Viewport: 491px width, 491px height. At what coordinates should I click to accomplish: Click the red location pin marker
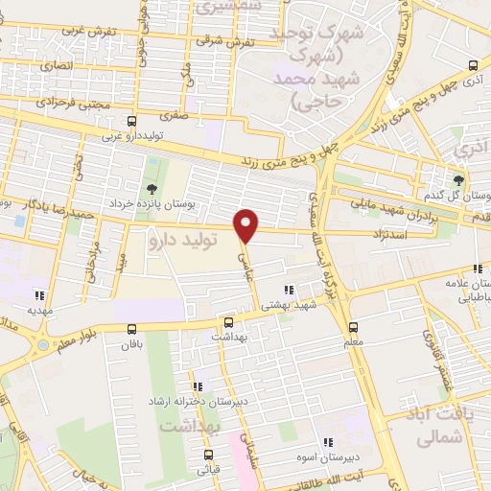click(x=247, y=224)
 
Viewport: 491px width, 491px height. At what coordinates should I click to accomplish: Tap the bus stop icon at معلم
click(x=353, y=326)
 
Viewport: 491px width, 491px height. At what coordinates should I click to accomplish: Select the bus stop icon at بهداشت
click(x=228, y=322)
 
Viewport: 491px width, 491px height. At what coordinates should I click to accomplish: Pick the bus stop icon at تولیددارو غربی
click(x=131, y=121)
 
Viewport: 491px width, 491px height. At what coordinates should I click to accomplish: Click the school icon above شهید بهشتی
click(x=289, y=290)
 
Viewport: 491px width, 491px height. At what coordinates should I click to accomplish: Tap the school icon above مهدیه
click(x=39, y=295)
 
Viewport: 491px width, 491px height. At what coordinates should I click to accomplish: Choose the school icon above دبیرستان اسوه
click(x=327, y=442)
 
